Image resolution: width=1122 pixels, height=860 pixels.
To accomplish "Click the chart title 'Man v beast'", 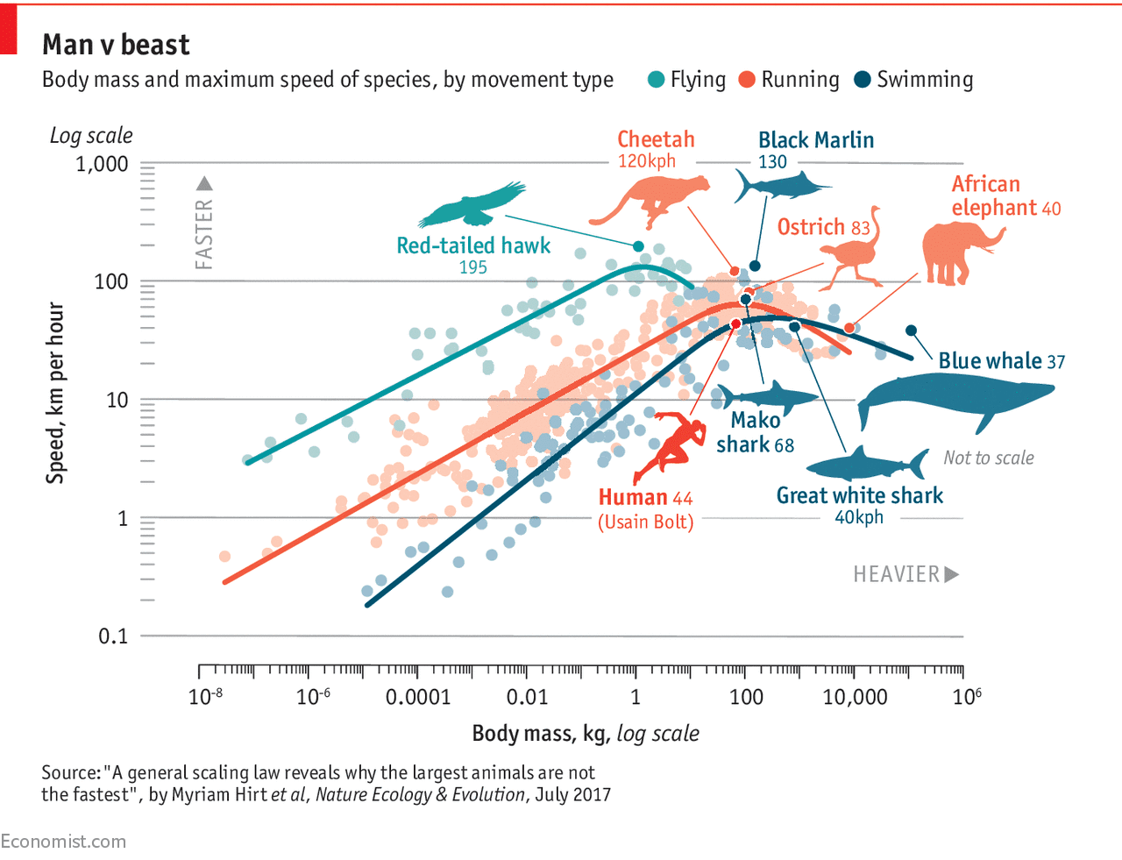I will coord(116,45).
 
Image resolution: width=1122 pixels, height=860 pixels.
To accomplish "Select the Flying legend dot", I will coord(656,80).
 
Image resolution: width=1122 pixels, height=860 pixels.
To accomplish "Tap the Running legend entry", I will coord(789,80).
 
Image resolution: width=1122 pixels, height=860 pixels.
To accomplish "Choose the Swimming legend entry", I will coord(913,80).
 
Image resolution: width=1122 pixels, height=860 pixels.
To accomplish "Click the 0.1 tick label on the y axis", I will coord(112,636).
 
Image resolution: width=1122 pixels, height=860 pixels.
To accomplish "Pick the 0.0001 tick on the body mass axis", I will coord(417,697).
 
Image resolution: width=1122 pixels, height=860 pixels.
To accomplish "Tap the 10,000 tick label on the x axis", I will coord(854,697).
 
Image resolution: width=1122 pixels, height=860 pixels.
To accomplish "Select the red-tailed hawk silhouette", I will coord(471,207).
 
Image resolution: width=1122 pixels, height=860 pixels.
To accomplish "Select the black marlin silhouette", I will coord(777,185).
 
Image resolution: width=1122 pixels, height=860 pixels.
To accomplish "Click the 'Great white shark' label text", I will coord(859,495).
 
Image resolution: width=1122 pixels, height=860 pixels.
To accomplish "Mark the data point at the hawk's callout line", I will coord(638,246).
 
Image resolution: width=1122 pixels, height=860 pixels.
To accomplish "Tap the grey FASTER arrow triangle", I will coord(204,183).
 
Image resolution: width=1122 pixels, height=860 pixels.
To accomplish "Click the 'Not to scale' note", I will coord(988,458).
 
